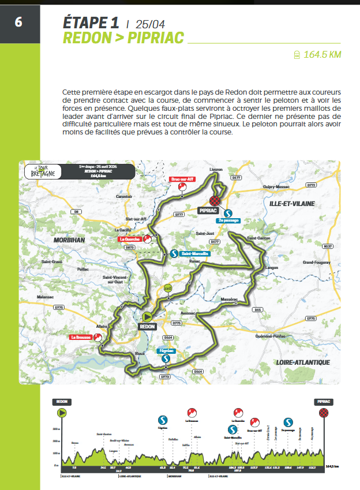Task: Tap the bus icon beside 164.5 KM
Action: [295, 55]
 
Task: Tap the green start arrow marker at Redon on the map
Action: [147, 316]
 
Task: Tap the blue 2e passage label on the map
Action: [228, 220]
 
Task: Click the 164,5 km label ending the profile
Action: [332, 466]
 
